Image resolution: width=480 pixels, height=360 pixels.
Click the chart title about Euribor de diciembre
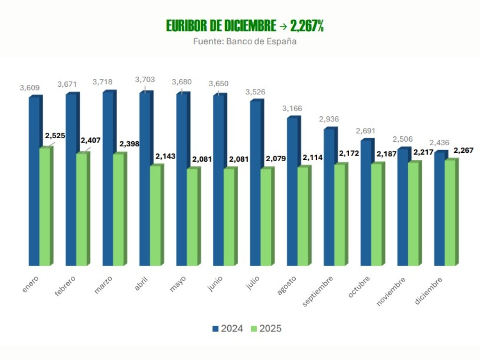pyautogui.click(x=245, y=26)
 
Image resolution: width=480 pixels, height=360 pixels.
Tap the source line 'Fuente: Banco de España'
pyautogui.click(x=245, y=41)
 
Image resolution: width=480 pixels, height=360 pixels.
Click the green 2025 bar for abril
pyautogui.click(x=155, y=216)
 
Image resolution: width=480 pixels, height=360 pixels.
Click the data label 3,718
pyautogui.click(x=103, y=82)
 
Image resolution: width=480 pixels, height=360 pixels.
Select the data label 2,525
pyautogui.click(x=55, y=136)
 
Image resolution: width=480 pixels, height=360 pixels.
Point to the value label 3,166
pyautogui.click(x=292, y=109)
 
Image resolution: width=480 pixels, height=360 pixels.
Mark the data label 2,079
pyautogui.click(x=276, y=159)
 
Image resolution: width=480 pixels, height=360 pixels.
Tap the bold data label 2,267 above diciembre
pyautogui.click(x=464, y=150)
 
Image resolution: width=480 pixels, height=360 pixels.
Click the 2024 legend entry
pyautogui.click(x=227, y=329)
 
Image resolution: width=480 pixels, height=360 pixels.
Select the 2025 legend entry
pyautogui.click(x=266, y=329)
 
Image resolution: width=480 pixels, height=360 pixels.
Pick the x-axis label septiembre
pyautogui.click(x=318, y=291)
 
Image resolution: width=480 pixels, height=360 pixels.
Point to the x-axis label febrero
pyautogui.click(x=65, y=285)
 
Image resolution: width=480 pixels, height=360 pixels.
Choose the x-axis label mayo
pyautogui.click(x=178, y=283)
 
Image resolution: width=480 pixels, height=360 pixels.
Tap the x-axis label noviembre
pyautogui.click(x=391, y=291)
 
